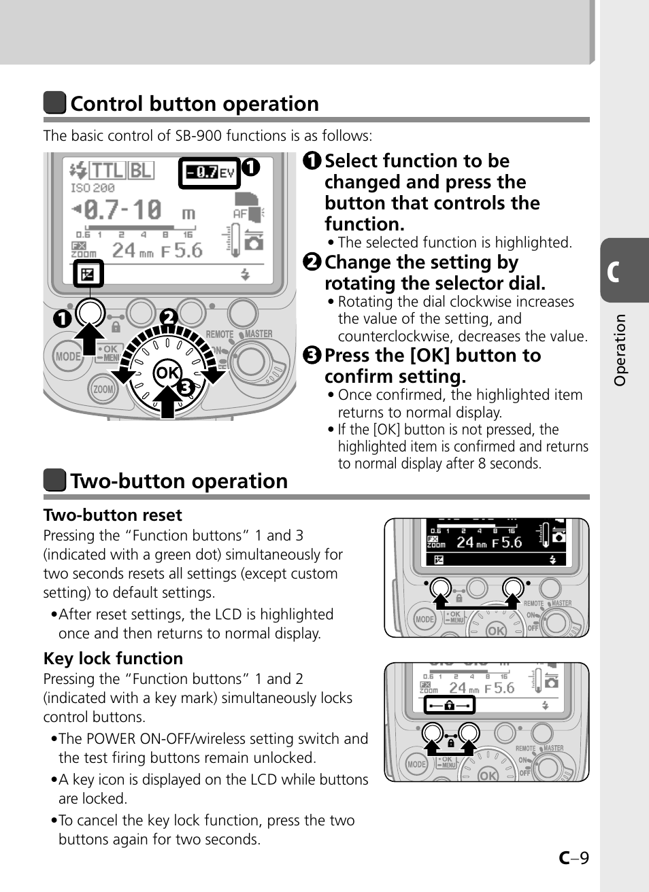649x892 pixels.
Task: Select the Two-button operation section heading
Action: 179,481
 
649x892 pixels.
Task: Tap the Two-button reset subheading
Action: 113,515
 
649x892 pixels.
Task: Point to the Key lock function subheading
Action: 113,659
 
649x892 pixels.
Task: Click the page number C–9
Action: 573,858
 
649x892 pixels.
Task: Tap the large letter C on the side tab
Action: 614,271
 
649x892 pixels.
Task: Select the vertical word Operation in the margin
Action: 619,350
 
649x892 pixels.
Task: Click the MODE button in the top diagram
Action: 67,356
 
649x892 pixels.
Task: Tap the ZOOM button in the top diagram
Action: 103,390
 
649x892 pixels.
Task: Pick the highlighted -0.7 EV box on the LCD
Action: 209,173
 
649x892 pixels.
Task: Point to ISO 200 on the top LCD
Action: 93,188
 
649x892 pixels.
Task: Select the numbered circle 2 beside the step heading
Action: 312,262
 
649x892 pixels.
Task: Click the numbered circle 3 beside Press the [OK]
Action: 312,356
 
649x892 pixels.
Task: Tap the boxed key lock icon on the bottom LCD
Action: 449,705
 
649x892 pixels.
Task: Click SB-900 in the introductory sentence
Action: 198,136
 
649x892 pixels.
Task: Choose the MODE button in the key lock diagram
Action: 416,764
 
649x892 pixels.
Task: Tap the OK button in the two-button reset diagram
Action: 496,631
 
